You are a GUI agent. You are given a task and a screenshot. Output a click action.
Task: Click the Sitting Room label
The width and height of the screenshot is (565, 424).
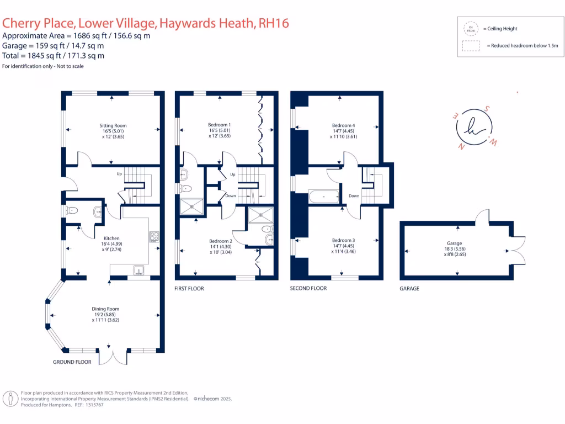pos(113,126)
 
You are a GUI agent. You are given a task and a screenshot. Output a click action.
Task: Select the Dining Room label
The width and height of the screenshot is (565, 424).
pos(105,309)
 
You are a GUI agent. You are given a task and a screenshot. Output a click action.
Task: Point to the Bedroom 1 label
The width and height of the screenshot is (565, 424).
pos(220,125)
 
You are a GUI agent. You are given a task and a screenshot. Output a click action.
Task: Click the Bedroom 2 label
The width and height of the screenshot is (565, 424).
pos(221,241)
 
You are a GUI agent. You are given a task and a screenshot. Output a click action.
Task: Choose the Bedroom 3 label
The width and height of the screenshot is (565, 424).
pos(343,240)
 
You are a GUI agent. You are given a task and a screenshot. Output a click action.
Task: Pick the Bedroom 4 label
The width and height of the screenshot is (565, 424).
pos(343,125)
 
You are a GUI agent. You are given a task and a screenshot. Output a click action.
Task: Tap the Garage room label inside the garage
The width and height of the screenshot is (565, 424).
pos(455,243)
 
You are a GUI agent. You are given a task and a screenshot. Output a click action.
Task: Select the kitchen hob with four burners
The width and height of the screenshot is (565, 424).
pos(154,237)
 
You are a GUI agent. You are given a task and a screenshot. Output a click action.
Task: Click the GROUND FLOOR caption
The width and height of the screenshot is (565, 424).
pos(72,362)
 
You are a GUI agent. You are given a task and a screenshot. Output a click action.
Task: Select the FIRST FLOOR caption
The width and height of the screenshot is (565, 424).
pos(189,289)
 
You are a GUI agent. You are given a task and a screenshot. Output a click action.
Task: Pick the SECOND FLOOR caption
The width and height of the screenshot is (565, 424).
pos(308,288)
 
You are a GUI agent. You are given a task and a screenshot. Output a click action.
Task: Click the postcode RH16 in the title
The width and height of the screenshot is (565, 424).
pos(274,23)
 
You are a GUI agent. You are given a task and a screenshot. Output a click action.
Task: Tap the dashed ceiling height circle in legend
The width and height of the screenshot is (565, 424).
pos(471,28)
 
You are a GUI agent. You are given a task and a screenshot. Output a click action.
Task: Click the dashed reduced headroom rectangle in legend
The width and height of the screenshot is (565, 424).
pos(471,46)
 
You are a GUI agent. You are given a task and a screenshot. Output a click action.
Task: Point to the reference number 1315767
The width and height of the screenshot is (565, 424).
pos(92,405)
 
